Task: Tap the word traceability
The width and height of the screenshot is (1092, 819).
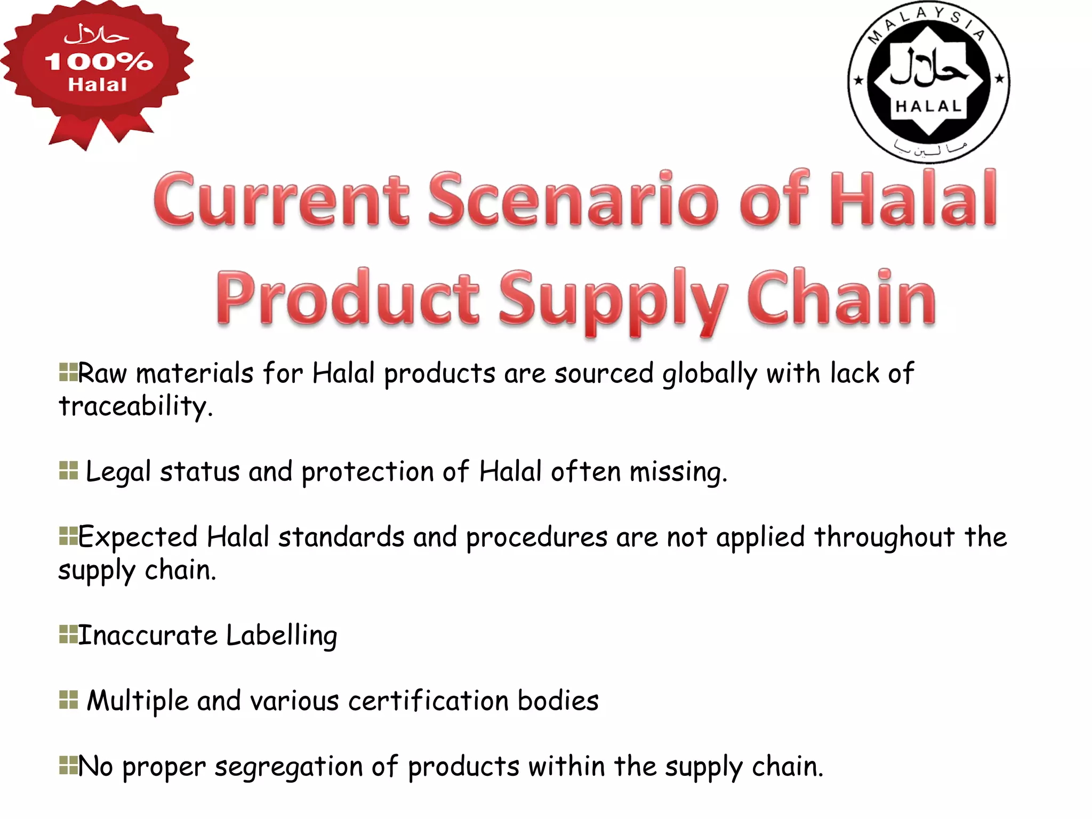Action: click(135, 406)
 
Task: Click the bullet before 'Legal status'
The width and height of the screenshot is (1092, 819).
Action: click(68, 471)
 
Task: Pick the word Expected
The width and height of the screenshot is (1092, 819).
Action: click(138, 537)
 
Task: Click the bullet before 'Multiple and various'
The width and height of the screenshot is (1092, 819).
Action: click(68, 700)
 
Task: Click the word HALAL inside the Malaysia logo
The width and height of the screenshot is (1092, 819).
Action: click(928, 106)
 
